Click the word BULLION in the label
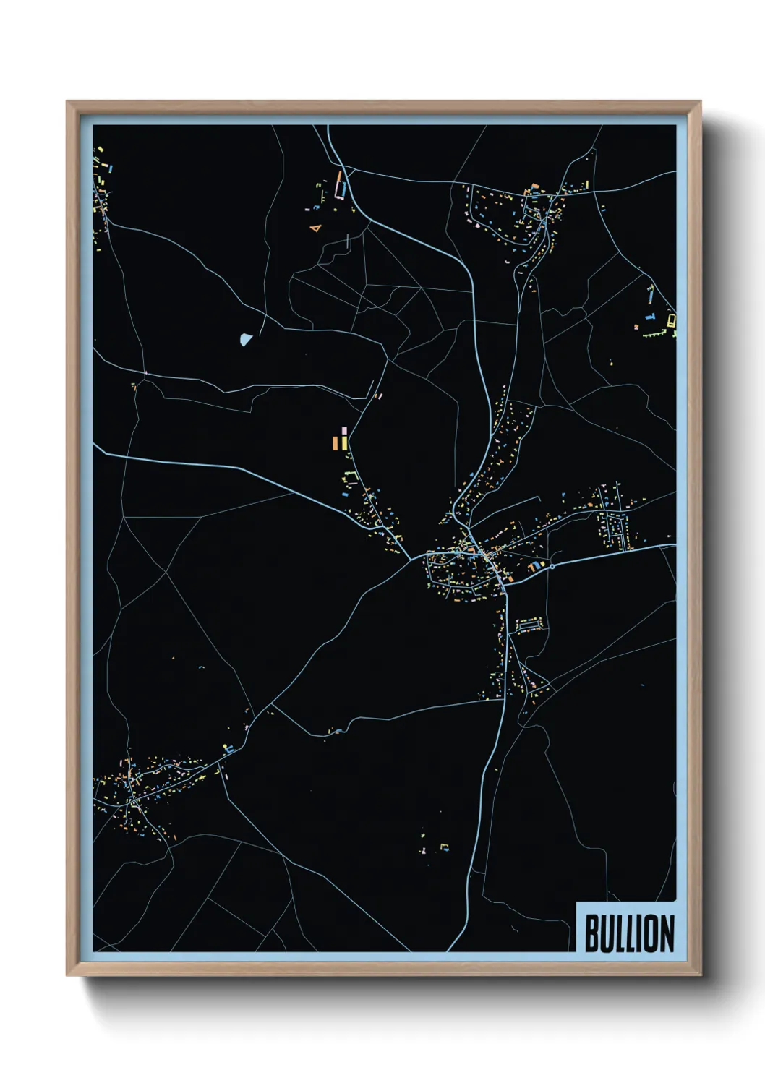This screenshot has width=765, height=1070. tap(628, 933)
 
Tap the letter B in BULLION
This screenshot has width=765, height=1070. tap(591, 933)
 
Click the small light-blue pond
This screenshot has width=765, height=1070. tap(246, 338)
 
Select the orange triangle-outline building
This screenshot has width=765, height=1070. tap(315, 228)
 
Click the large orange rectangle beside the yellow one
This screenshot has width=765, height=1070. tap(336, 442)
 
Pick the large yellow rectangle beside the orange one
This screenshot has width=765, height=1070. tap(345, 442)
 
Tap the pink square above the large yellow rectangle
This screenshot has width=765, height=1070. tap(344, 430)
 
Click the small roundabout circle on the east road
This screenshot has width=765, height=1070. tap(552, 567)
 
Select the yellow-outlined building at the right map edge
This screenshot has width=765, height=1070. tap(671, 320)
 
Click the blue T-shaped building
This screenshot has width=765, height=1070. tap(650, 316)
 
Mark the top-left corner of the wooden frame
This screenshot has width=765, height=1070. tap(68, 102)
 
